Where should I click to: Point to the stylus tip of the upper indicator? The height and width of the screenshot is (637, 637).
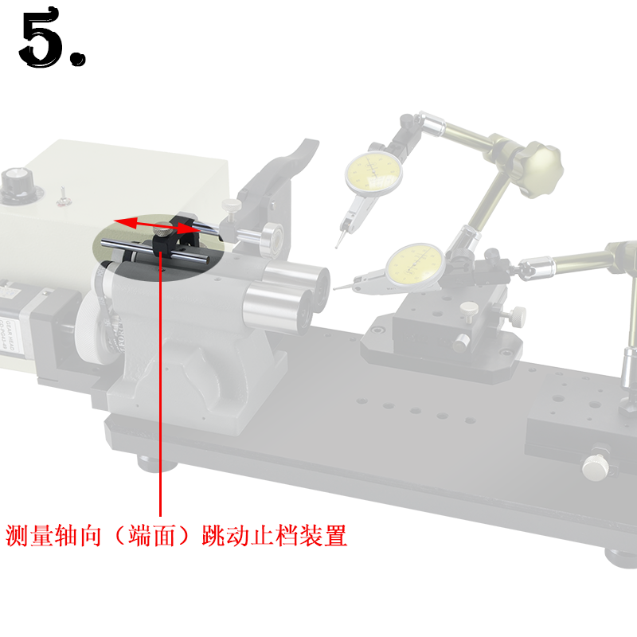pyautogui.click(x=338, y=245)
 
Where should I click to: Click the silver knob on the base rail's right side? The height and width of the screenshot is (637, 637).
pyautogui.click(x=594, y=467)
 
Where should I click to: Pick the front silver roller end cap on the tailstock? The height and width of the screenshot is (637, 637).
pyautogui.click(x=265, y=307)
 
